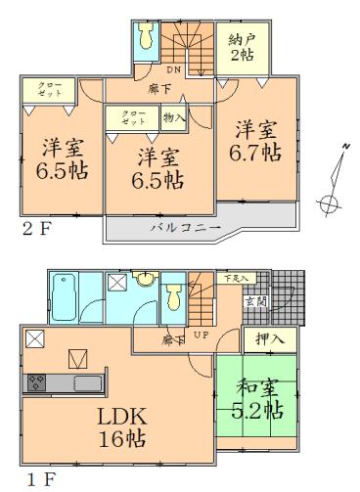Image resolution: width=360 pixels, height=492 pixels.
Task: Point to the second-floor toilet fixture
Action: (146, 35)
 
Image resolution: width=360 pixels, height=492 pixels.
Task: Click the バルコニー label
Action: (184, 228)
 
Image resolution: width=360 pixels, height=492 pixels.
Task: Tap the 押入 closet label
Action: (264, 339)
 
